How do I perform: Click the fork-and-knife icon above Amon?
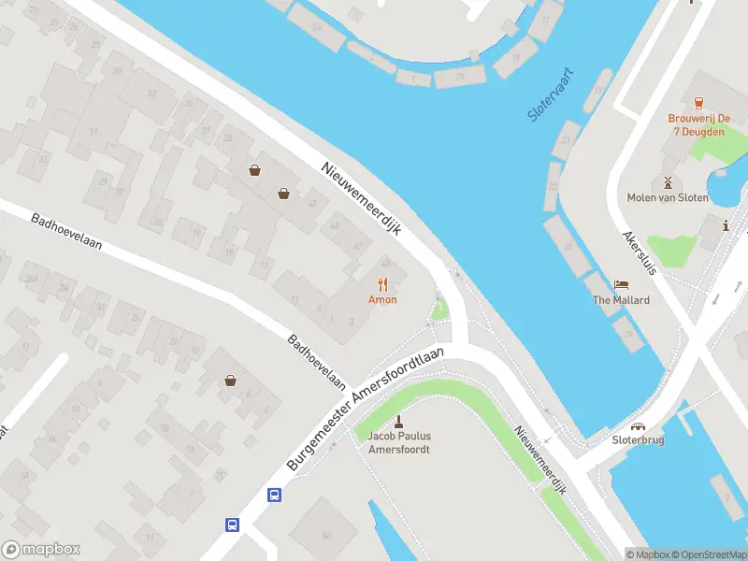tap(382, 284)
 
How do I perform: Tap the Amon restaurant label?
tap(382, 300)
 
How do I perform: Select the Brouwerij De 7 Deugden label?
tap(698, 125)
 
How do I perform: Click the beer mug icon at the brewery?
tap(698, 101)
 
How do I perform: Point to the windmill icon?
tap(668, 181)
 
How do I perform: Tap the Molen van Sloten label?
tap(668, 197)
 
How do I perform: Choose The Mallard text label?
tap(621, 300)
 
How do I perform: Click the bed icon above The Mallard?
tap(621, 284)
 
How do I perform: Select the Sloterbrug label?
tap(638, 439)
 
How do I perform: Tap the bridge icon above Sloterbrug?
tap(638, 424)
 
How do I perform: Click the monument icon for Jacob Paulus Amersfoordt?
tap(399, 420)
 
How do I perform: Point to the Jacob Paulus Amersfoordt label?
tap(399, 442)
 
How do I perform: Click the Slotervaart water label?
tap(551, 95)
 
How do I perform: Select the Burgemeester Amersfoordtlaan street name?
tap(364, 411)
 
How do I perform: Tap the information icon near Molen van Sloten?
tap(726, 224)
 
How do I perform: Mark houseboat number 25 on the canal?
tap(567, 246)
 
